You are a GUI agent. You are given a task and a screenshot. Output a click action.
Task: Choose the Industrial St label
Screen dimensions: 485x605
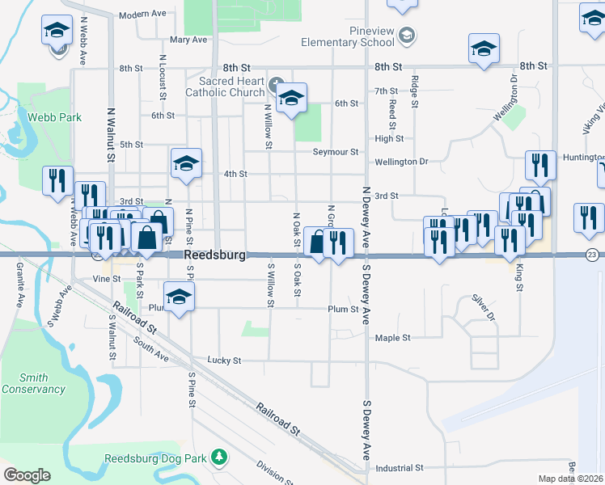click(400, 468)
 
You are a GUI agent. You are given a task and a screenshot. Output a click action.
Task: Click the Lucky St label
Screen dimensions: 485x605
click(224, 361)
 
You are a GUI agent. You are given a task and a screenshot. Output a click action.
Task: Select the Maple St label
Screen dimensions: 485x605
click(393, 338)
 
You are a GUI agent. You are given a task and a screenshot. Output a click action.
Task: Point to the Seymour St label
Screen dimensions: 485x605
click(336, 152)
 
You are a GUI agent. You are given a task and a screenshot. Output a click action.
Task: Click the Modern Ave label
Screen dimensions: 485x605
click(142, 15)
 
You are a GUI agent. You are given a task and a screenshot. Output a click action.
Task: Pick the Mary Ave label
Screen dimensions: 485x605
click(188, 40)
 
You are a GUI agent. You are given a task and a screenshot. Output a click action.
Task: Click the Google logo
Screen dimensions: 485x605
click(27, 475)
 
